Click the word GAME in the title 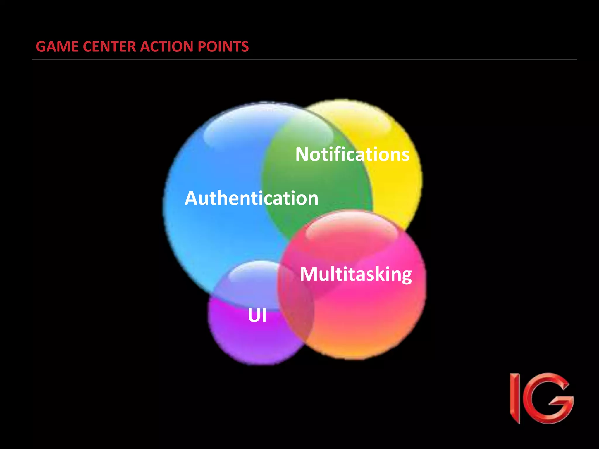coord(57,46)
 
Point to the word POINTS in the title coord(223,46)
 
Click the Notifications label coord(352,154)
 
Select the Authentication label coord(252,198)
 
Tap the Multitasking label coord(356,274)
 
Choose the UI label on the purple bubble coord(257,315)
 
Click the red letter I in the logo coord(515,398)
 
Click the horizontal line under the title coord(304,59)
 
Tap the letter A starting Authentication coord(192,198)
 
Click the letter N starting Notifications coord(302,154)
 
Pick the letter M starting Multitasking coord(308,274)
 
